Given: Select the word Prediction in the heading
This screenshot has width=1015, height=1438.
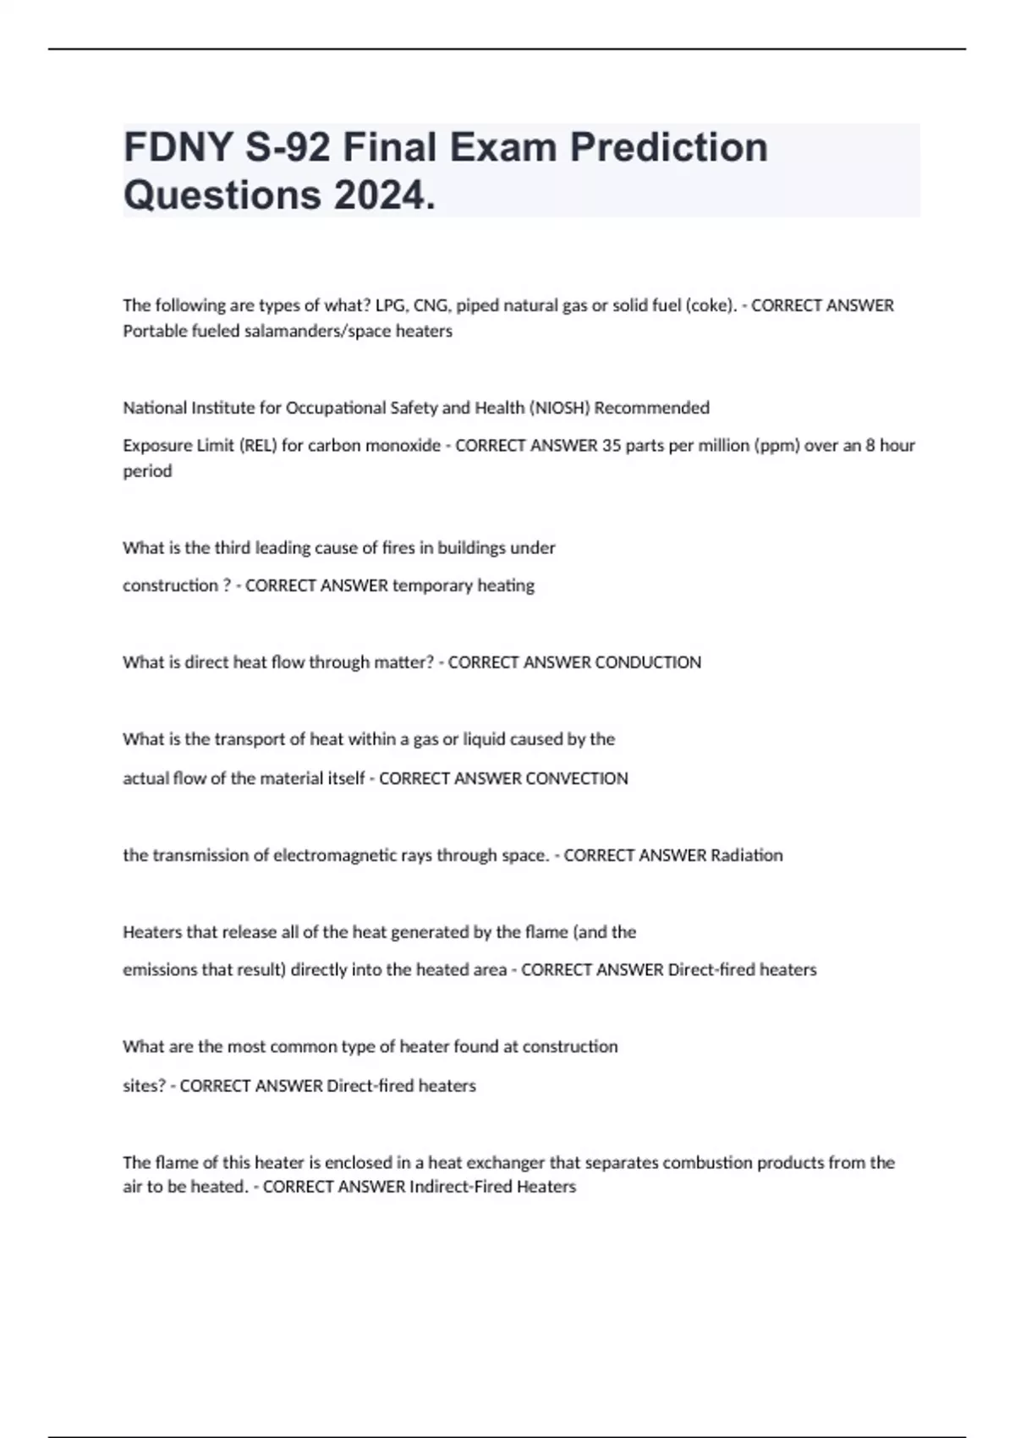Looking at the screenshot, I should tap(668, 147).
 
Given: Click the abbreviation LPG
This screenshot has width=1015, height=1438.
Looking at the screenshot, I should tap(390, 305).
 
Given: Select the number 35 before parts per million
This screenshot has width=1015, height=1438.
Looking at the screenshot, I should tap(612, 445).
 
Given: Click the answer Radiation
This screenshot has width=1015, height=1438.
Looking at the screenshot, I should tap(746, 855).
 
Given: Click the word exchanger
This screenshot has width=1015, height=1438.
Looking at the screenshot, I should tap(503, 1162).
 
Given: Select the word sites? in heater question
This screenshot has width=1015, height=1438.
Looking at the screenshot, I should tap(145, 1085).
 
